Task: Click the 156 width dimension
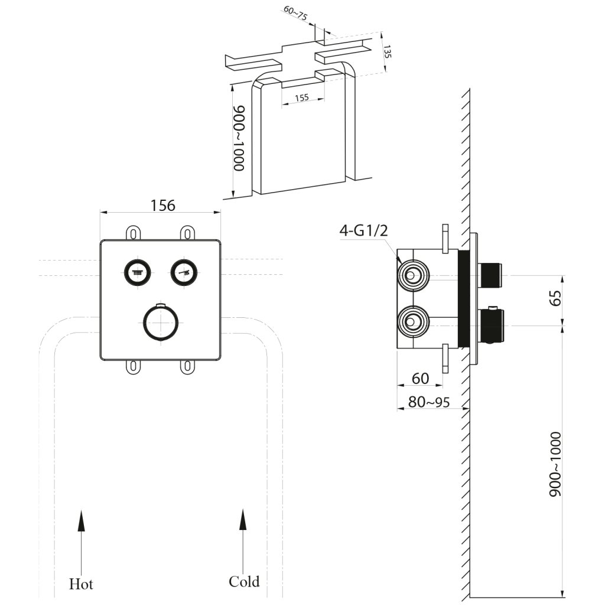[x=162, y=205]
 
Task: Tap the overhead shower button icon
[x=137, y=272]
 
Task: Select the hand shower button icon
[x=184, y=272]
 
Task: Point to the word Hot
[x=81, y=584]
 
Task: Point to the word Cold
[x=244, y=581]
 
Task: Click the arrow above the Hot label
[x=81, y=542]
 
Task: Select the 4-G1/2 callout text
[x=363, y=231]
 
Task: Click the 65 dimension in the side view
[x=555, y=298]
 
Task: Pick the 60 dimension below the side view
[x=420, y=379]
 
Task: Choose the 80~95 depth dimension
[x=429, y=402]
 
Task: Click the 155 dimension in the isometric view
[x=302, y=97]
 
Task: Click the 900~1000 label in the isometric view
[x=239, y=138]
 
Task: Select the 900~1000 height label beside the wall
[x=555, y=464]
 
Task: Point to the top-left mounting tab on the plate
[x=133, y=233]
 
